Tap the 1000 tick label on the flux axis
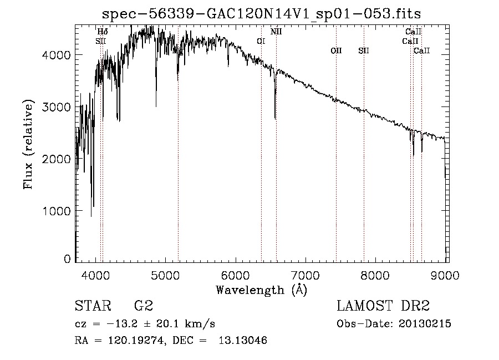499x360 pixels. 57,211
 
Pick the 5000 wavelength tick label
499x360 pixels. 166,274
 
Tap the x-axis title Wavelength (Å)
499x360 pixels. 261,290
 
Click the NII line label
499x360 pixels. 276,32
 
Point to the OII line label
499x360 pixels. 336,50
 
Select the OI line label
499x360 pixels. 261,40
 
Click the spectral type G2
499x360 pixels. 143,306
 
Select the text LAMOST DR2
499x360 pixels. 383,306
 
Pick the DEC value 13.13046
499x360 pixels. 243,341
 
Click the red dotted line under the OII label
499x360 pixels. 336,166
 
